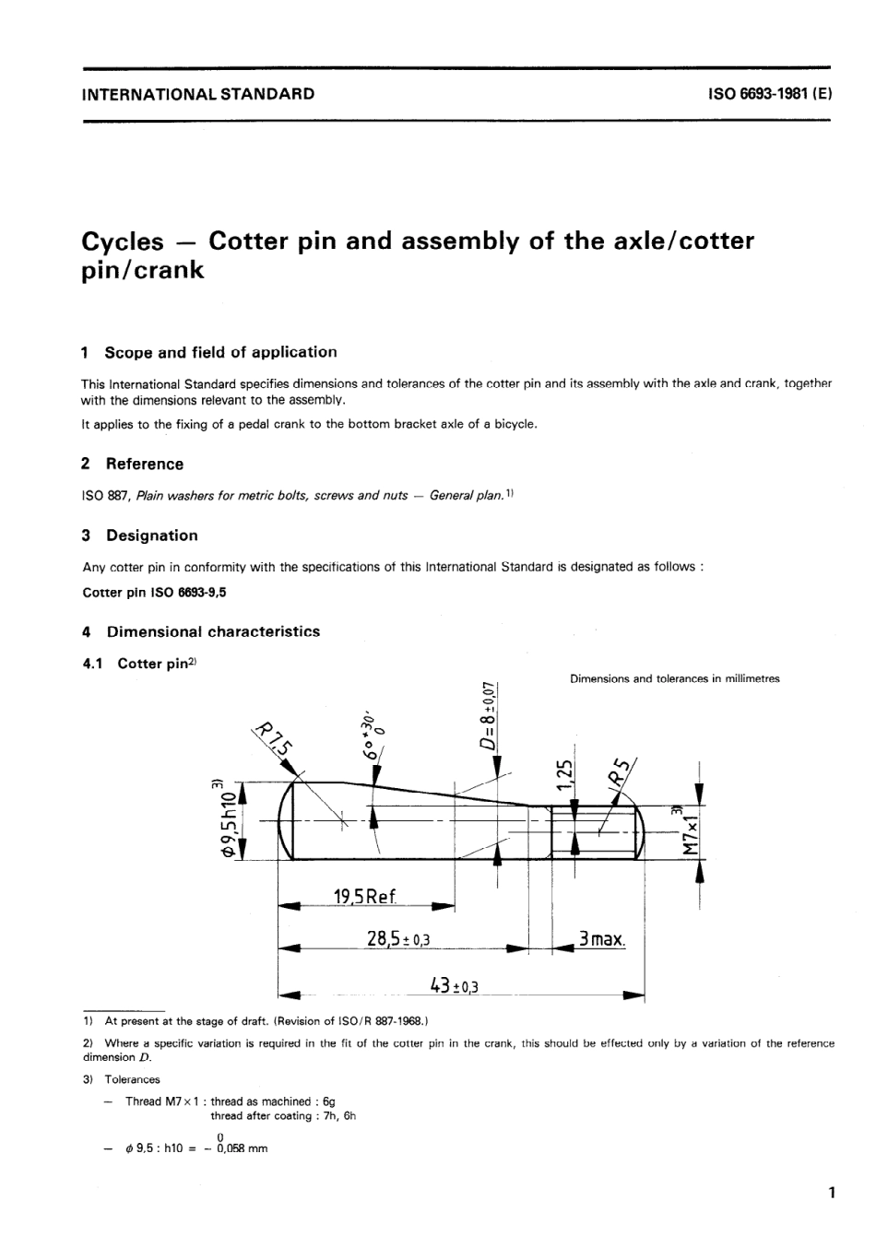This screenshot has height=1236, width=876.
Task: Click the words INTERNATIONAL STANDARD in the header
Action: pyautogui.click(x=197, y=93)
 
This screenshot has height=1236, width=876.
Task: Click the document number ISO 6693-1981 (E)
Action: pyautogui.click(x=770, y=93)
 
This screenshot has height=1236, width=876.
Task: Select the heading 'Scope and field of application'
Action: pyautogui.click(x=220, y=352)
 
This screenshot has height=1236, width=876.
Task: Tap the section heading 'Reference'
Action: pyautogui.click(x=144, y=464)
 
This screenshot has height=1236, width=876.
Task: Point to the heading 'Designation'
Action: pyautogui.click(x=151, y=536)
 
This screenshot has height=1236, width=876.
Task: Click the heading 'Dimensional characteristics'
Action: pyautogui.click(x=213, y=631)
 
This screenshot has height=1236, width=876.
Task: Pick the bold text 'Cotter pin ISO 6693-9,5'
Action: pyautogui.click(x=154, y=593)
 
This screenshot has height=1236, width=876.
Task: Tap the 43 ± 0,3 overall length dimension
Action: pyautogui.click(x=455, y=985)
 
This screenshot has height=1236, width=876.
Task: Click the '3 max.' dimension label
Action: pyautogui.click(x=601, y=939)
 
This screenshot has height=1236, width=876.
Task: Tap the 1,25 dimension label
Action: pyautogui.click(x=567, y=776)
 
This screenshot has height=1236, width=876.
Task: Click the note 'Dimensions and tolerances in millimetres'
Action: pyautogui.click(x=674, y=678)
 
